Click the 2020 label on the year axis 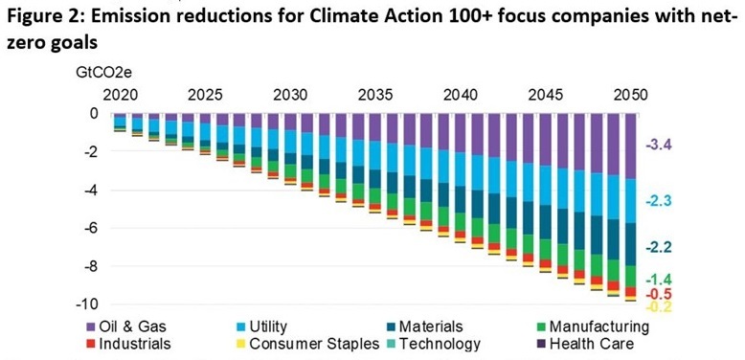click(x=120, y=96)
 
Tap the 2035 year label click(x=374, y=96)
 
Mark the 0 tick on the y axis click(x=94, y=113)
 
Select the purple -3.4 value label click(x=660, y=146)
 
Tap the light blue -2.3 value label click(x=660, y=201)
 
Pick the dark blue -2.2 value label click(x=660, y=246)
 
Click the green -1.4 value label click(x=660, y=278)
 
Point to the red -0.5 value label click(x=660, y=294)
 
